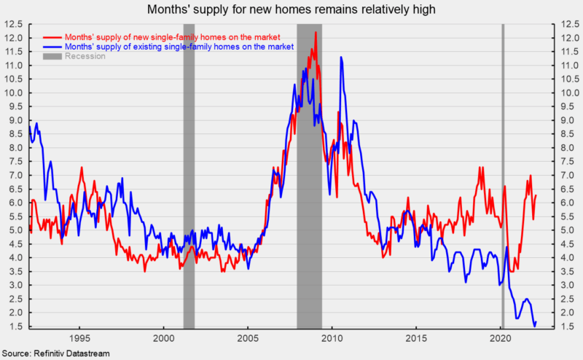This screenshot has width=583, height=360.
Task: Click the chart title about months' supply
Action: click(x=291, y=9)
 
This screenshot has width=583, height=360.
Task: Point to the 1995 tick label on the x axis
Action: click(x=79, y=339)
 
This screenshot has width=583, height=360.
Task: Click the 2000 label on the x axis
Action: click(x=163, y=339)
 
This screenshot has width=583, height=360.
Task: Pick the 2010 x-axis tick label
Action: click(x=332, y=339)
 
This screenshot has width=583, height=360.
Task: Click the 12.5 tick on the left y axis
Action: click(x=15, y=24)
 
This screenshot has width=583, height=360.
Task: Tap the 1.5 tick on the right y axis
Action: click(x=568, y=326)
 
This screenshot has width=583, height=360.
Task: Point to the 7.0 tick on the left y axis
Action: click(x=15, y=175)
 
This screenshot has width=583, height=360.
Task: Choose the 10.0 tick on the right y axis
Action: click(x=568, y=93)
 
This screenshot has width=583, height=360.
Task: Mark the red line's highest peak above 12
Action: click(x=316, y=33)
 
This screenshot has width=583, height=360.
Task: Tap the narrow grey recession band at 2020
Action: click(x=502, y=175)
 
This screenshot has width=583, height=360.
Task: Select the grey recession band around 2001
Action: click(x=189, y=175)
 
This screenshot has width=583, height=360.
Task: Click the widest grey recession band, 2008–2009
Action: click(x=309, y=175)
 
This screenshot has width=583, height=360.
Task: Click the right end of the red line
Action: click(x=536, y=195)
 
